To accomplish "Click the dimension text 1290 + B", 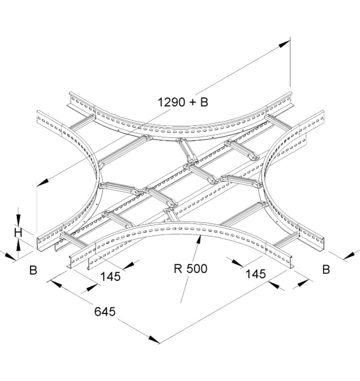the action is pos(183,102).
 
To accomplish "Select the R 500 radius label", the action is pos(190,269).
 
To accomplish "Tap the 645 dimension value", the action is pos(105,312).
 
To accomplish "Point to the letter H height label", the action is pos(18,233).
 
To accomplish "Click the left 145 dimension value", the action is pos(110,277).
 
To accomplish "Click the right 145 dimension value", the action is pos(256,274).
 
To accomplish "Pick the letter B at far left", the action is pos(33,270).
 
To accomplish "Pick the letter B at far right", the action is pos(326,269).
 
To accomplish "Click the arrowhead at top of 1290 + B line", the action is pos(284,44).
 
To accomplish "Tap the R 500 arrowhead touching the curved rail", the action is pos(199,240).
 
